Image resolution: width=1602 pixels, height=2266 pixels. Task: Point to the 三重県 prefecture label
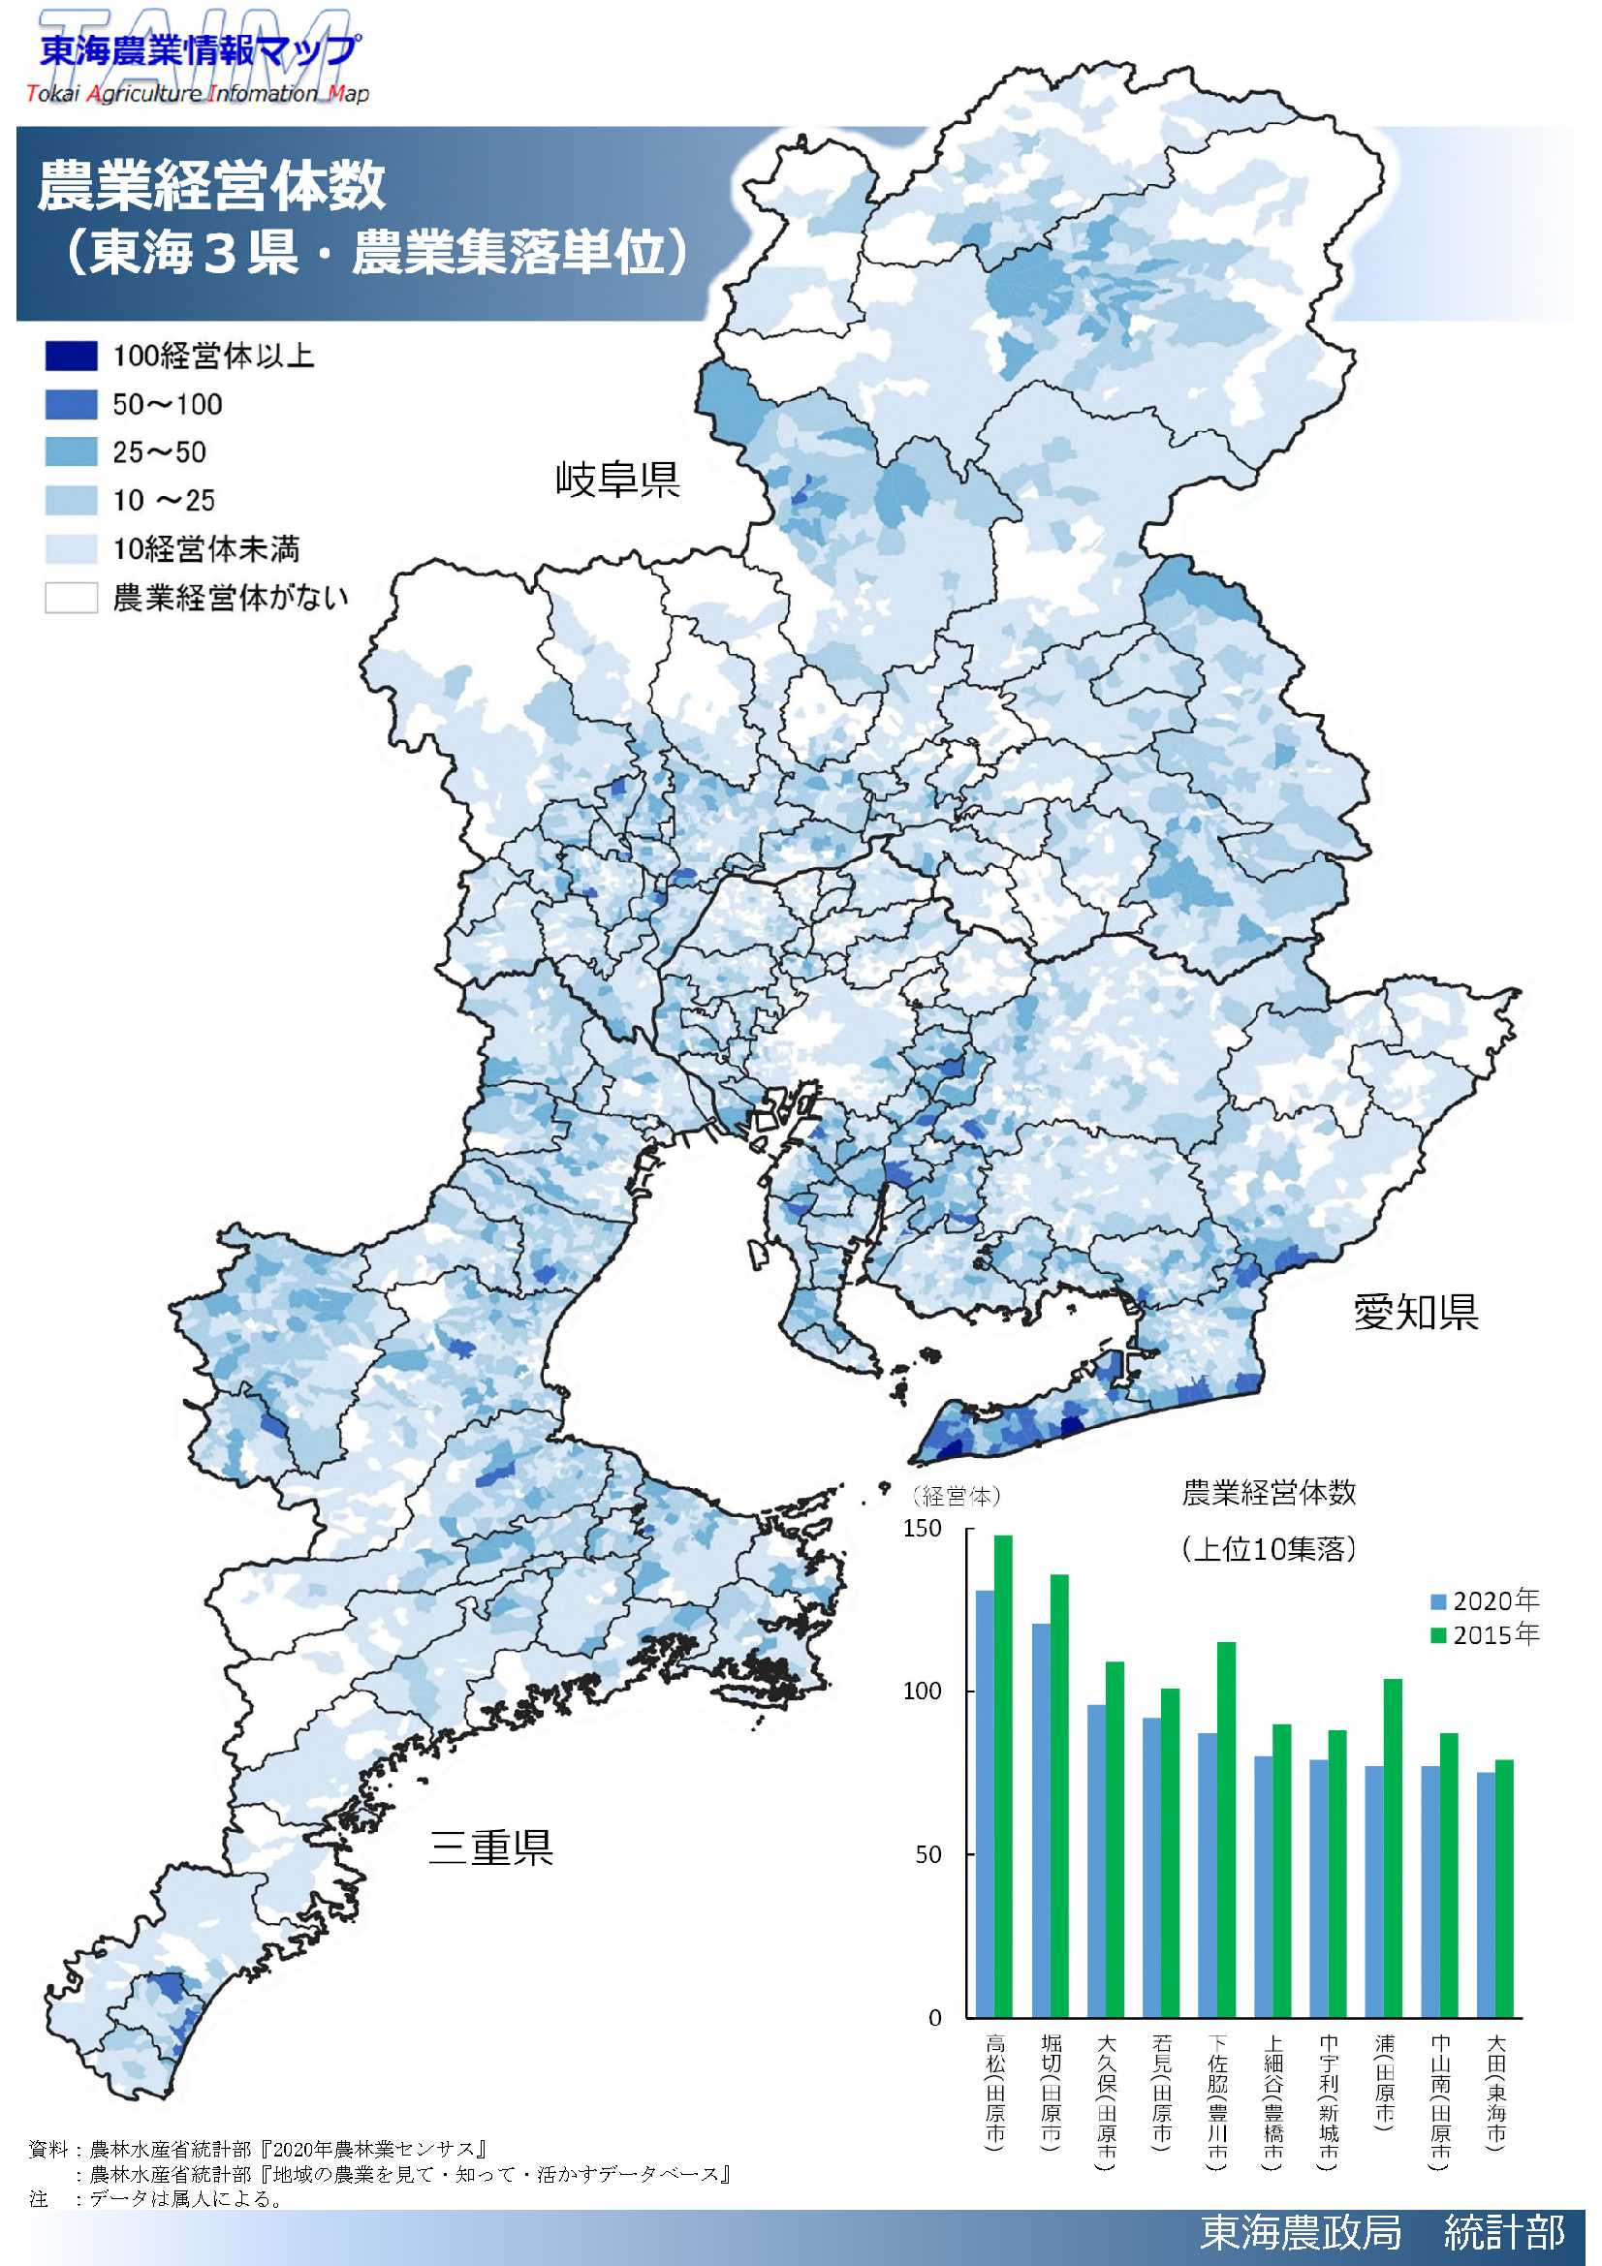(x=490, y=1847)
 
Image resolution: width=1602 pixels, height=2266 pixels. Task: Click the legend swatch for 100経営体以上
(x=71, y=356)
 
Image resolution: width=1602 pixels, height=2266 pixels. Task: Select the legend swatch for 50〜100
(x=71, y=404)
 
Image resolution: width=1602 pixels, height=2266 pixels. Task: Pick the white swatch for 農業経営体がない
(x=71, y=597)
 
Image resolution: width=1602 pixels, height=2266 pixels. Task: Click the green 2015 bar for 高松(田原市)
(x=1002, y=1777)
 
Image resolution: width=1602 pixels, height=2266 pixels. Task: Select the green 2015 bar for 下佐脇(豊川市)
(x=1225, y=1831)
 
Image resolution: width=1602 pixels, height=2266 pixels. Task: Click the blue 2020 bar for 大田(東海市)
(x=1485, y=1895)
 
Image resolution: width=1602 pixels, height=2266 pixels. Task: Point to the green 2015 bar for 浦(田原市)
(x=1392, y=1850)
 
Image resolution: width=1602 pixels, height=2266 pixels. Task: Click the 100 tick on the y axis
(x=922, y=1691)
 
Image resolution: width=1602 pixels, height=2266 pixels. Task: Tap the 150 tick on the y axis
(x=922, y=1529)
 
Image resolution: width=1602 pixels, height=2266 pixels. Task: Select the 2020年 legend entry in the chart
(x=1484, y=1599)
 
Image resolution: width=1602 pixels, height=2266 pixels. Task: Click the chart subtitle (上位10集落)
(x=1268, y=1548)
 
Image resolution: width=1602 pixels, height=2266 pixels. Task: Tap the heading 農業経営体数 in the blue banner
(x=211, y=185)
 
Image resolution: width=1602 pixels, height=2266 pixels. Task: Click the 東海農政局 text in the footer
(x=1300, y=2231)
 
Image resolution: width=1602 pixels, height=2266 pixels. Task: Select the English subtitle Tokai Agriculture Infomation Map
(x=198, y=94)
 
